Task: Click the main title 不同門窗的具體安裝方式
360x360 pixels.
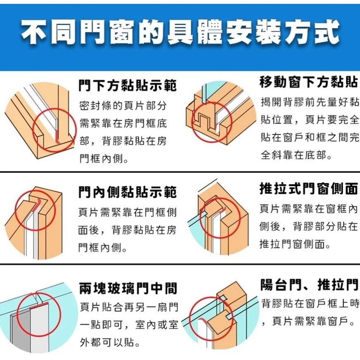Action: (180, 32)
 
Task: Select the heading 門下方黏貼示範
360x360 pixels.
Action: (128, 85)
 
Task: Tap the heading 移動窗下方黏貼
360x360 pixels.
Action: (309, 82)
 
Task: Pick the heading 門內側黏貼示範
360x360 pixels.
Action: (128, 192)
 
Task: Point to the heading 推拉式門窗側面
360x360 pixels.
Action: (309, 188)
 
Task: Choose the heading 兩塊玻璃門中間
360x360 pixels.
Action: (128, 288)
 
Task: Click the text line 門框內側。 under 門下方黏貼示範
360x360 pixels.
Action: (104, 159)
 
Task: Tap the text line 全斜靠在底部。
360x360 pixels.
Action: (296, 155)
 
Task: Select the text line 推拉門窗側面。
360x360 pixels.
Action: (295, 244)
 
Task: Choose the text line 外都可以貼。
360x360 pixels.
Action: (110, 342)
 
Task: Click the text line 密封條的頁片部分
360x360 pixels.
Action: (123, 105)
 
